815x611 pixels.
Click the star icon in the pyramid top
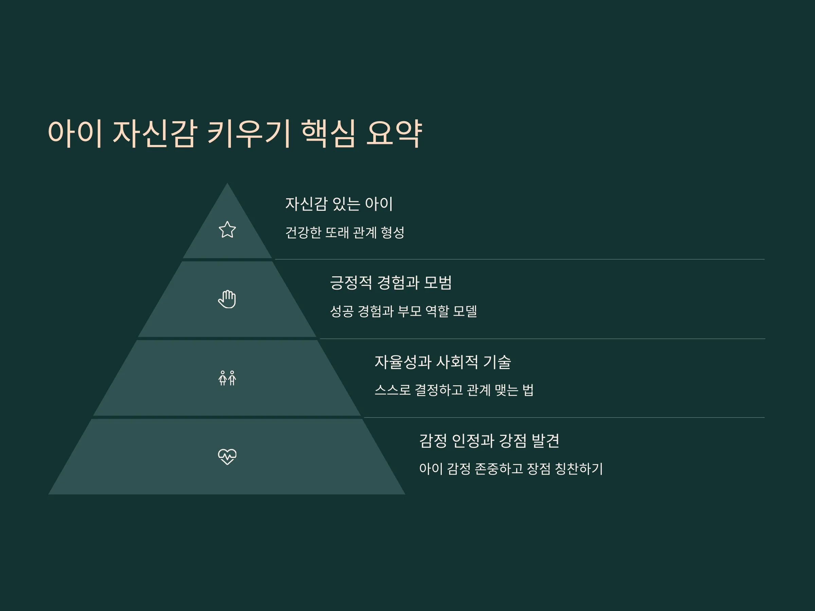[227, 229]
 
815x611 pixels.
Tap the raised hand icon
[227, 299]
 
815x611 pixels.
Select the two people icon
[227, 378]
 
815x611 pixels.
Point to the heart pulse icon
[227, 457]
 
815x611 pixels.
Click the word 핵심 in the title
[329, 133]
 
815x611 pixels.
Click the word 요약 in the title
[394, 133]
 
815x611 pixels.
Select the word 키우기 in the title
[249, 133]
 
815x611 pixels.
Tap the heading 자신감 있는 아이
[339, 204]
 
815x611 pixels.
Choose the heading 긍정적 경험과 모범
[391, 282]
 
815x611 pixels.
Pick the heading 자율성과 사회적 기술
[442, 362]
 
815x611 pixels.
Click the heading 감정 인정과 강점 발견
[489, 441]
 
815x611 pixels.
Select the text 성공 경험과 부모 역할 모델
[403, 311]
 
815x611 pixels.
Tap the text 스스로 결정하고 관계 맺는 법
[454, 390]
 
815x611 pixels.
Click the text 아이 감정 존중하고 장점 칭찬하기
[511, 469]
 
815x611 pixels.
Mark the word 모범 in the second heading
[438, 282]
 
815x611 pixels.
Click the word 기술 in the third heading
[497, 362]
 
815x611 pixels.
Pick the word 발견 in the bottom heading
[545, 441]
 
